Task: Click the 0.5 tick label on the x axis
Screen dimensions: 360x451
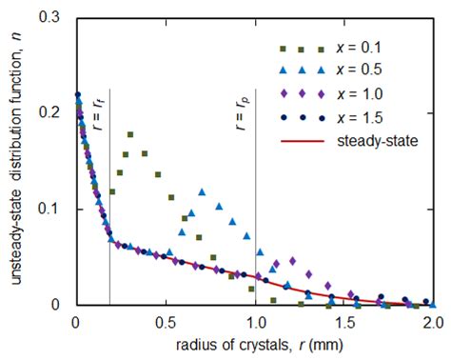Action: [165, 322]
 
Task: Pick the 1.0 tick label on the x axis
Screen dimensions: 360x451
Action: [254, 322]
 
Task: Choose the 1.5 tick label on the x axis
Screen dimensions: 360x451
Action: [343, 322]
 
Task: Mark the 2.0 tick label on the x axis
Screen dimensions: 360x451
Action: [431, 322]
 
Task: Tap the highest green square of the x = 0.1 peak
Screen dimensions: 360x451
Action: [130, 134]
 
